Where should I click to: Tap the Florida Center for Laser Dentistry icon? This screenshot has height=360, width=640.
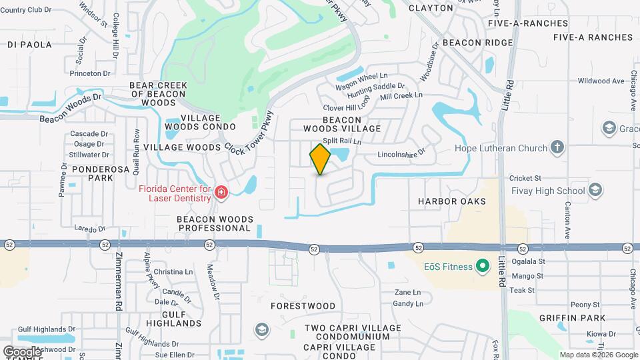point(221,194)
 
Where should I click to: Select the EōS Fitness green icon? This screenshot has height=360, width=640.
point(483,267)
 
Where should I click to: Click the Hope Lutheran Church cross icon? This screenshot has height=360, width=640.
point(557,147)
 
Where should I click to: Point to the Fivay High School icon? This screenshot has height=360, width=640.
point(595,191)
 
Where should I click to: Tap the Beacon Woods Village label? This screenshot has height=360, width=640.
point(342,123)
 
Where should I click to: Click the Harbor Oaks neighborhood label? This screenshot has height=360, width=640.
point(451,201)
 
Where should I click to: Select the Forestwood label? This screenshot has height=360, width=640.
point(303,306)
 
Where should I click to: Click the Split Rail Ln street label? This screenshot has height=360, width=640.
point(341,141)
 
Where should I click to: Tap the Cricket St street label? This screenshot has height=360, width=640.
point(525,179)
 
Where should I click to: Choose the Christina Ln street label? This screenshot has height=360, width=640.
point(173,272)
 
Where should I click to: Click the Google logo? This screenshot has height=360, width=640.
point(21,351)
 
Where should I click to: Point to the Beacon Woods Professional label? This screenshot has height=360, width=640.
point(213,223)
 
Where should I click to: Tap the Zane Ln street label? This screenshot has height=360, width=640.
point(407,293)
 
